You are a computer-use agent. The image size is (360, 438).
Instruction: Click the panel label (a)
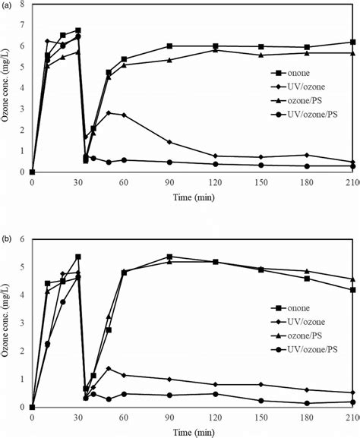7,5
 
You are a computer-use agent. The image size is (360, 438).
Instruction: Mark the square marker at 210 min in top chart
352,43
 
